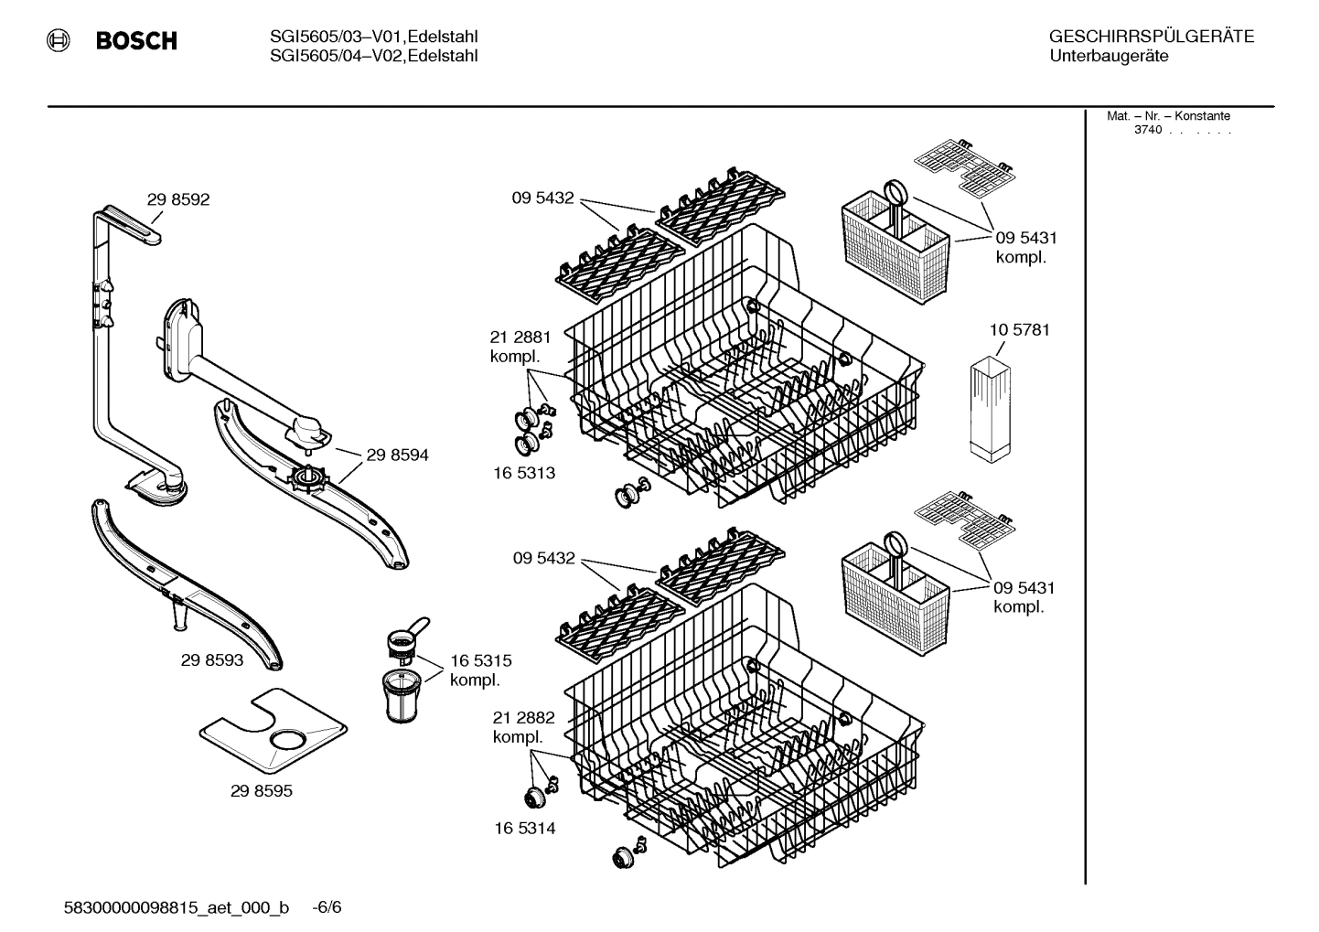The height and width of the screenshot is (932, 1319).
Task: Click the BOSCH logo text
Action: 136,41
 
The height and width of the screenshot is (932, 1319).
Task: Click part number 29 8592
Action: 178,199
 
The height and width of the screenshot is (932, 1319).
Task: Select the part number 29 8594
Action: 397,455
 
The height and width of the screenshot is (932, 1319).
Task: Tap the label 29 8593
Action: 212,659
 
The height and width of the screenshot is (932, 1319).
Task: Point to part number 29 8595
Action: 262,791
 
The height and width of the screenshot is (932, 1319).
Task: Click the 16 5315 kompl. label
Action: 480,670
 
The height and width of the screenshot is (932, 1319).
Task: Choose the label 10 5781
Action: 1019,329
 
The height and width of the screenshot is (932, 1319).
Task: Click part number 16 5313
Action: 525,473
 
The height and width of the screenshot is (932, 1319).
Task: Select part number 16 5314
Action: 525,828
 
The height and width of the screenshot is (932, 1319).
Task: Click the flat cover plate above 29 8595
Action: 274,727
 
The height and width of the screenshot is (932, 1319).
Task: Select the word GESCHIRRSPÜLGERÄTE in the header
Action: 1151,37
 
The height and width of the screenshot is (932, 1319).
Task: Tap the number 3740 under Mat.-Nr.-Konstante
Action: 1147,130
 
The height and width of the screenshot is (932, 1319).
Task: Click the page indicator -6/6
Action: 327,907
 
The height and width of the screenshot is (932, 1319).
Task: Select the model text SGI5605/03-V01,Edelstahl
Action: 374,37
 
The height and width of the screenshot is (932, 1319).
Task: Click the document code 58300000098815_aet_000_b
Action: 177,907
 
